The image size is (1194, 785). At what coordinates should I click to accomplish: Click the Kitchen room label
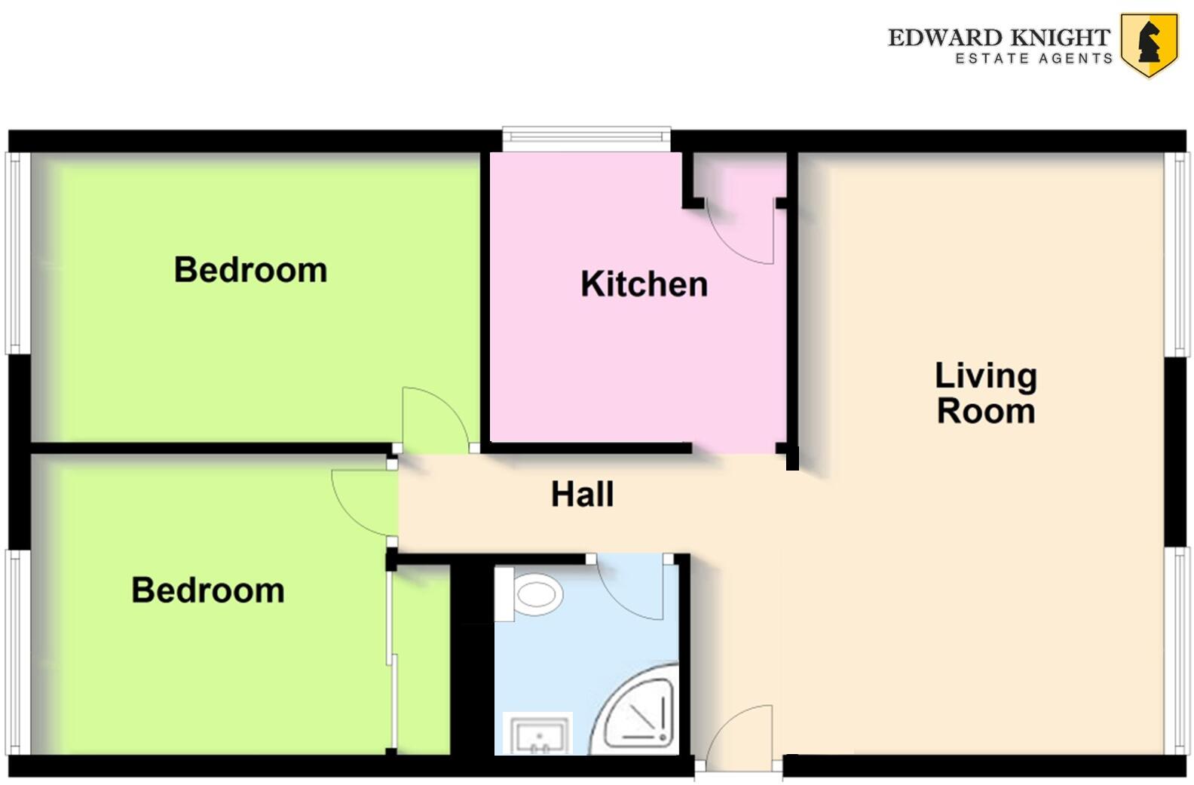point(644,284)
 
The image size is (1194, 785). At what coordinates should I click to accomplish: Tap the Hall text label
point(582,495)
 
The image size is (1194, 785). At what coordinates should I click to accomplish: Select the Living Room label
point(985,394)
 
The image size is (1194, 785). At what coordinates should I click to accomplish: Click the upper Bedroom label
point(250,270)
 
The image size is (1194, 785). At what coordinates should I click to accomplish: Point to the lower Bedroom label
point(208,590)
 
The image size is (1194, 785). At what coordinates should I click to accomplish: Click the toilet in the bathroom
point(532,594)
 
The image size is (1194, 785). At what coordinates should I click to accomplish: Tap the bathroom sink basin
point(538,734)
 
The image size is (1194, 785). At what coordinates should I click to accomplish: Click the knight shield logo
point(1149,44)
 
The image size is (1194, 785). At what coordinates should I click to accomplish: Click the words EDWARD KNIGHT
point(999,37)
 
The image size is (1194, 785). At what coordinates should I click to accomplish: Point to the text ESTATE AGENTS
point(1033,59)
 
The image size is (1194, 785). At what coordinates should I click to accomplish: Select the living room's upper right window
point(1177,253)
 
